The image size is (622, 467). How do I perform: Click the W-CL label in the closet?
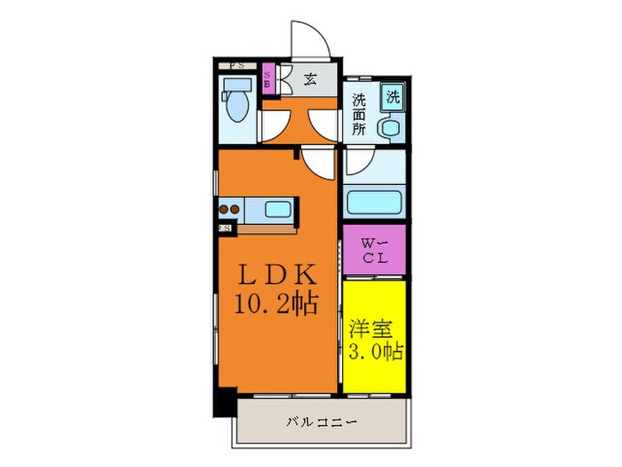[x=374, y=249]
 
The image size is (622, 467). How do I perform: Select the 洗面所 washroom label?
[x=358, y=113]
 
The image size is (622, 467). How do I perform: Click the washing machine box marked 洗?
[x=392, y=96]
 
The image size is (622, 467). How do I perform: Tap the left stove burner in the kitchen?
[x=223, y=211]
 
